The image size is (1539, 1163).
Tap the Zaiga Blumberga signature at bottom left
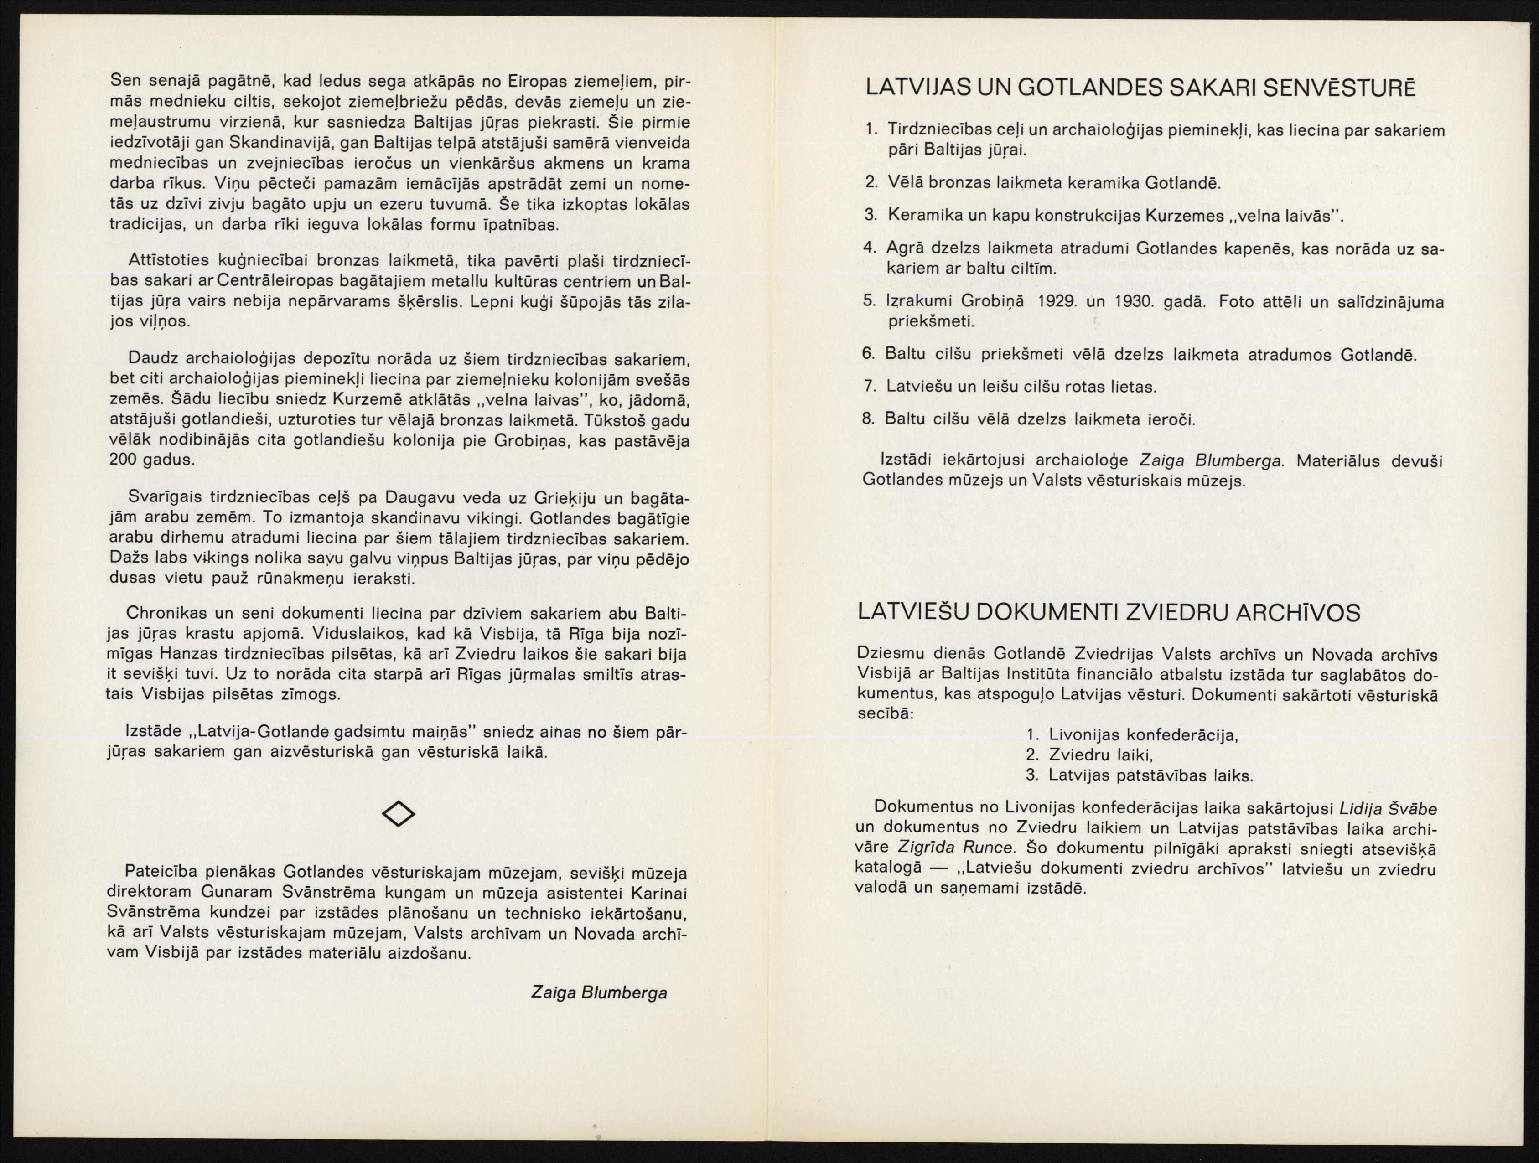(x=598, y=992)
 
